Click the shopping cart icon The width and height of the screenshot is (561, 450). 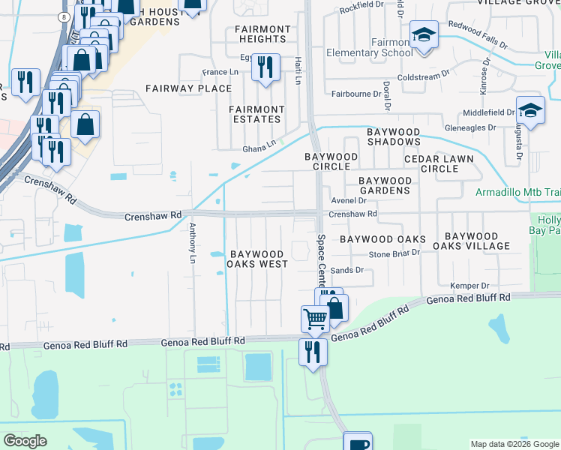(315, 319)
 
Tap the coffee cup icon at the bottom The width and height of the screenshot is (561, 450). (358, 442)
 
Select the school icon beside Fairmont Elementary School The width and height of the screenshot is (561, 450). (424, 34)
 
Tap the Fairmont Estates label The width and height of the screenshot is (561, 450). (256, 114)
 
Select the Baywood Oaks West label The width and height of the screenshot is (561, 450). (259, 259)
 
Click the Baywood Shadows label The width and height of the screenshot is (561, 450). (394, 136)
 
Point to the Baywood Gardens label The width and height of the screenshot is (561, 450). (385, 185)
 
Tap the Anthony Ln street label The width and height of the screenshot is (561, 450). (192, 241)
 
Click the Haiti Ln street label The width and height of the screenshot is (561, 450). (297, 73)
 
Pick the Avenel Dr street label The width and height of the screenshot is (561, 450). (352, 201)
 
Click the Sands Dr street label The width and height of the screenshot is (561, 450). (346, 270)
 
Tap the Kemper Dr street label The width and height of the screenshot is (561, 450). (469, 286)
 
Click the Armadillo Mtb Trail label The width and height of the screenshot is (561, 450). (517, 192)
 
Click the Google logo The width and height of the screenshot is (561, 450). (25, 441)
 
